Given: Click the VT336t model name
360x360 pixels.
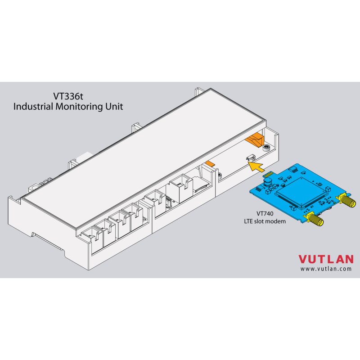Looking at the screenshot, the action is pyautogui.click(x=68, y=96).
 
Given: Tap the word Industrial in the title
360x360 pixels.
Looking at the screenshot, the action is pyautogui.click(x=33, y=107).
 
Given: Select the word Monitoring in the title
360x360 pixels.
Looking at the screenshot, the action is pyautogui.click(x=79, y=107).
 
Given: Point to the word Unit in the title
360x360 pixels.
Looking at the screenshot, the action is pyautogui.click(x=114, y=107).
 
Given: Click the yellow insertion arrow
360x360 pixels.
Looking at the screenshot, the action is pyautogui.click(x=256, y=166).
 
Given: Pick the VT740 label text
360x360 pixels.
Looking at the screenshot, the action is pyautogui.click(x=265, y=213).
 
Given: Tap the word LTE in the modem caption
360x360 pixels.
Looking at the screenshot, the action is pyautogui.click(x=248, y=221).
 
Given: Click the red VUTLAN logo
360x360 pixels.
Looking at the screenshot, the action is pyautogui.click(x=326, y=259).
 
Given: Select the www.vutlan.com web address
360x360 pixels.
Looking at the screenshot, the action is pyautogui.click(x=326, y=269).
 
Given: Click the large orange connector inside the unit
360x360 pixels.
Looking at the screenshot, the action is pyautogui.click(x=255, y=139).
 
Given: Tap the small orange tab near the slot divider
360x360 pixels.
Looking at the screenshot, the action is pyautogui.click(x=210, y=163).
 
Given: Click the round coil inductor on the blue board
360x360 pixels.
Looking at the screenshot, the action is pyautogui.click(x=267, y=182).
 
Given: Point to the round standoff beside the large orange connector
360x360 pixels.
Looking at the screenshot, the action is pyautogui.click(x=266, y=148).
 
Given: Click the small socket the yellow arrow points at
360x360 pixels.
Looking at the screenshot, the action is pyautogui.click(x=251, y=157).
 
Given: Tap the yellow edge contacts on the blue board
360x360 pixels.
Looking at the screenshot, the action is pyautogui.click(x=267, y=174).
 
